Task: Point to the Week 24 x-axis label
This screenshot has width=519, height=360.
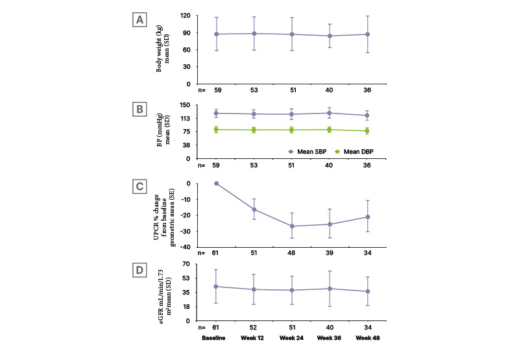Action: [292, 338]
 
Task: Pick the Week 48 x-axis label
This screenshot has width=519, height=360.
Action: [368, 338]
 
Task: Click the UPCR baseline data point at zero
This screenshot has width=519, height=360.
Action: [217, 184]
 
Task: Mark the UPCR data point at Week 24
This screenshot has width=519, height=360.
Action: [292, 226]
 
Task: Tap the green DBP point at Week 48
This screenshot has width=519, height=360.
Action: [367, 131]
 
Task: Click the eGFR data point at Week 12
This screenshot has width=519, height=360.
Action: [254, 289]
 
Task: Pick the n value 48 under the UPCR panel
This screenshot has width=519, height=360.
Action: [292, 254]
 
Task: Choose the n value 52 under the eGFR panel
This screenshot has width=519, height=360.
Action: [254, 327]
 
